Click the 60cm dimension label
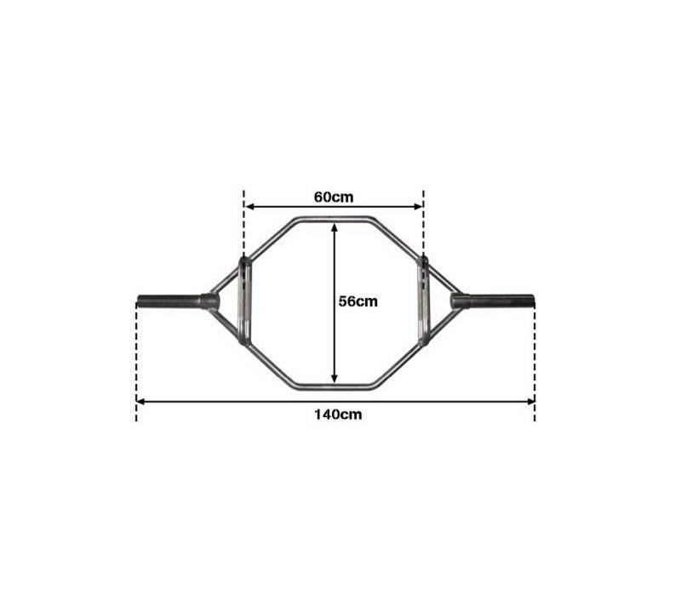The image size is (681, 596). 334,197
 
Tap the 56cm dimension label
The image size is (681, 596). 358,301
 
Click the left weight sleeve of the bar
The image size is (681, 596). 169,301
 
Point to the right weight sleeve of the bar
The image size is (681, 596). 502,301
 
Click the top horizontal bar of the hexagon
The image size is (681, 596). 335,220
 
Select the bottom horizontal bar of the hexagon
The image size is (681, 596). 335,387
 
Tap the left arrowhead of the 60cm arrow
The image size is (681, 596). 250,205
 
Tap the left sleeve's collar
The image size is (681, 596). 209,301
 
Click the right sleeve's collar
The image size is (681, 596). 461,301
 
